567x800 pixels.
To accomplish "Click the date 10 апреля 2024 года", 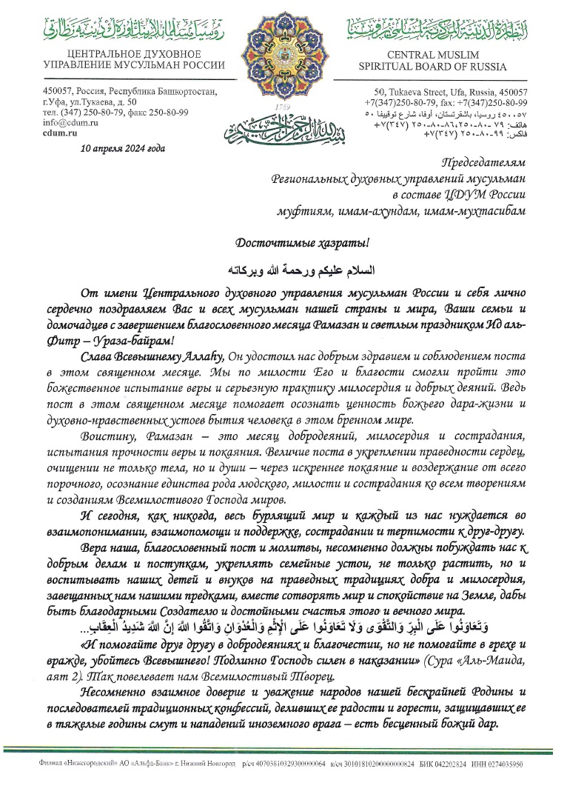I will click(x=124, y=147).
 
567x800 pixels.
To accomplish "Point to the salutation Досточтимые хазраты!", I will click(x=283, y=242).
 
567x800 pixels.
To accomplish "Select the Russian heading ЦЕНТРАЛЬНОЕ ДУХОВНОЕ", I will click(x=124, y=55).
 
